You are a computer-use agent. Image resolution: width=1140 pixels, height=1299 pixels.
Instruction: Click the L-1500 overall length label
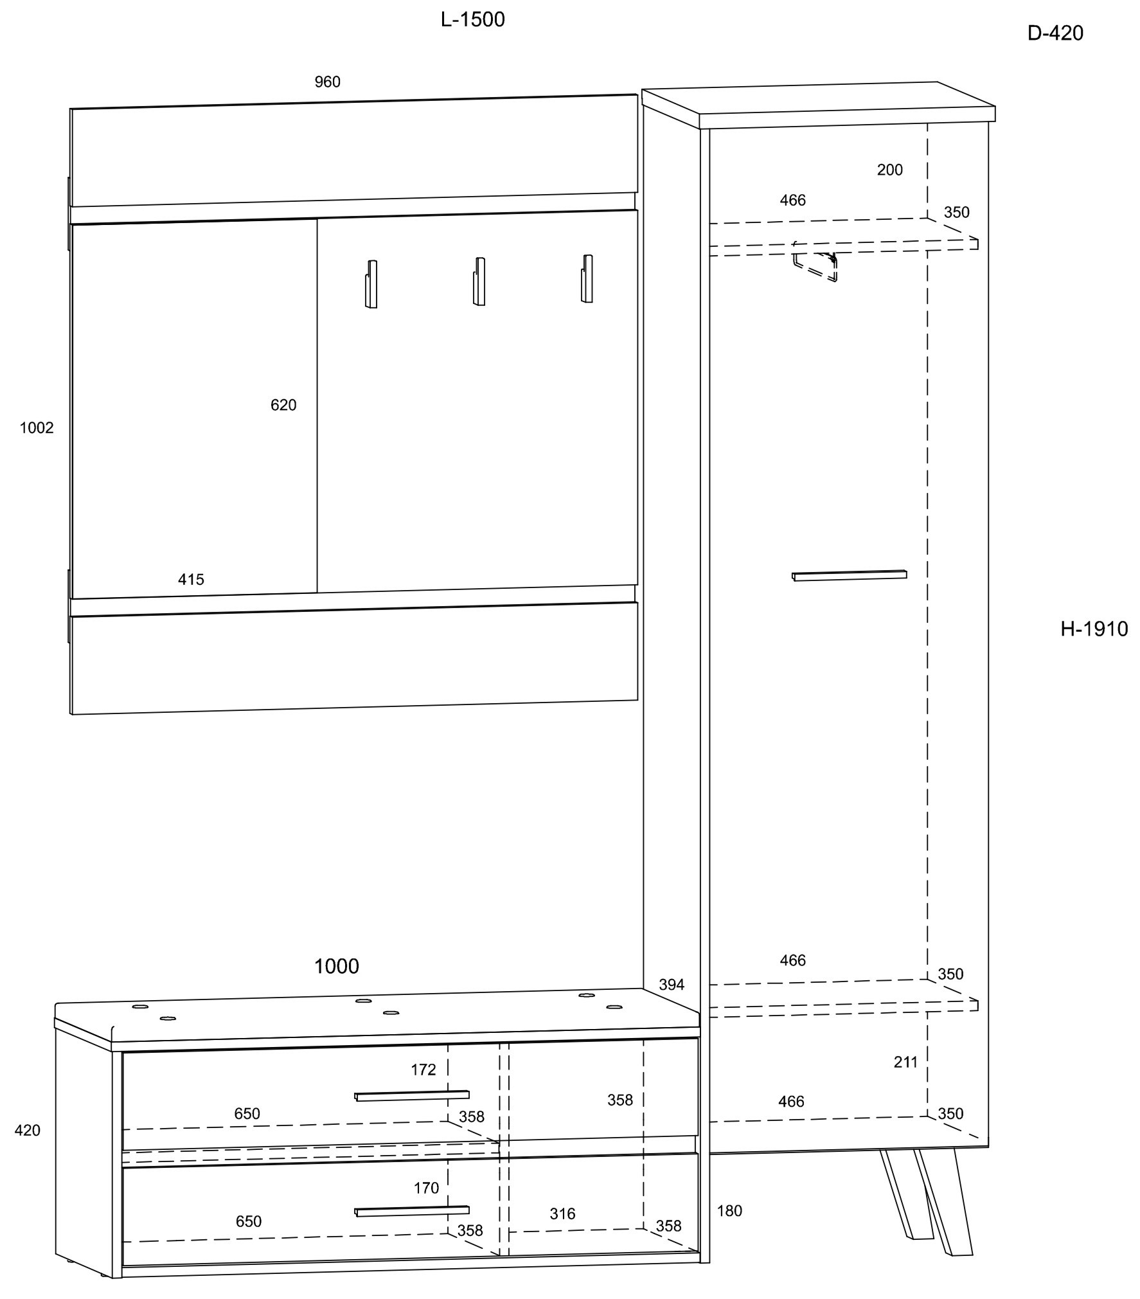coord(472,20)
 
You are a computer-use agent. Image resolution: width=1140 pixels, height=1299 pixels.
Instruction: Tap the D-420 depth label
coord(1055,33)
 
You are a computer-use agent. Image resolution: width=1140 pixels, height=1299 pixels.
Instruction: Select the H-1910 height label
coord(1094,629)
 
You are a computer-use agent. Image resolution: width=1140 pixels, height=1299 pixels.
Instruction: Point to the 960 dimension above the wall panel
coord(327,82)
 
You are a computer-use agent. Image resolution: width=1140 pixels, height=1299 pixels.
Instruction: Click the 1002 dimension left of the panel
coord(37,428)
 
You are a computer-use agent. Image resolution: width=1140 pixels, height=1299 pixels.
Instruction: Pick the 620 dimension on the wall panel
coord(283,406)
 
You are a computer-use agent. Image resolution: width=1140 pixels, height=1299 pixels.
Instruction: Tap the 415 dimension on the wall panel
coord(191,580)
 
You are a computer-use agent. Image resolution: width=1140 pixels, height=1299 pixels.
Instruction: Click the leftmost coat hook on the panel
coord(371,284)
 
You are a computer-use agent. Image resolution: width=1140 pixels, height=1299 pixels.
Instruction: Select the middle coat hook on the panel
coord(479,282)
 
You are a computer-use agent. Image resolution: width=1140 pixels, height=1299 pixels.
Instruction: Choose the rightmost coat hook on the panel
coord(587,279)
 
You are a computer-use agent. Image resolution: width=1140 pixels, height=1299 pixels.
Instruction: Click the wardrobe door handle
coord(849,575)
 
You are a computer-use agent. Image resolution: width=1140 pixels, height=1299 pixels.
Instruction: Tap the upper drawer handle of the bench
coord(412,1095)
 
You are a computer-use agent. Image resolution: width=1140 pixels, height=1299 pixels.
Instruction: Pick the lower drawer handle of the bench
coord(412,1211)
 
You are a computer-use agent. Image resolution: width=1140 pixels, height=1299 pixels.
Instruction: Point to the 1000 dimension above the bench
coord(336,966)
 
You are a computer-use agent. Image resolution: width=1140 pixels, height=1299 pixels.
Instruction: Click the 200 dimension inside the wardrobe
coord(889,170)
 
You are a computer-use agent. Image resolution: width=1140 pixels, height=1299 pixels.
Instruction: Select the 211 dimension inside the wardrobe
coord(905,1062)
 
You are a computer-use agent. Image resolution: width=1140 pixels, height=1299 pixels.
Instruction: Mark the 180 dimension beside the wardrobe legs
coord(729,1211)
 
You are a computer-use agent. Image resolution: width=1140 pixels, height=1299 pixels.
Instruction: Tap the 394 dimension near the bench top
coord(672,985)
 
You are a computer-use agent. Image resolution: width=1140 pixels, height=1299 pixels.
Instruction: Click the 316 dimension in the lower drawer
coord(562,1214)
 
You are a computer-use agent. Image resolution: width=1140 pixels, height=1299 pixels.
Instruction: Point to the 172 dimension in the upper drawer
coord(423,1070)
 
